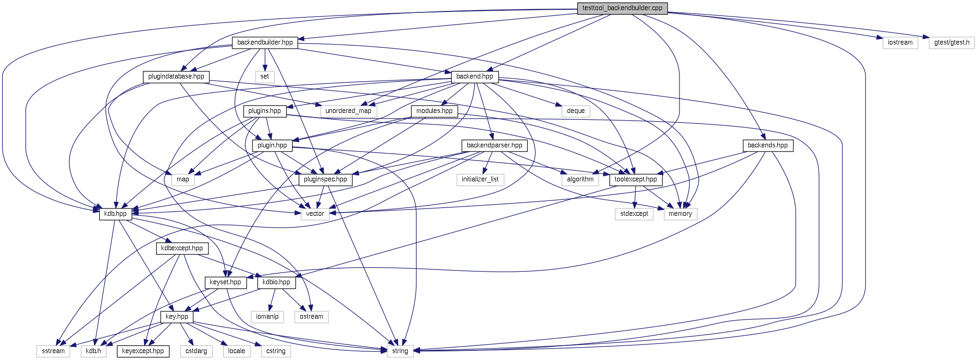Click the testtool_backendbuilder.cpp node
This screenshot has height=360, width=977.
[622, 8]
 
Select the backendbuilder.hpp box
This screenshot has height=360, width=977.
[265, 42]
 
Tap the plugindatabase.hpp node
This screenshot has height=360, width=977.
[176, 76]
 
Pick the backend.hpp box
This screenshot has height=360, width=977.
[474, 76]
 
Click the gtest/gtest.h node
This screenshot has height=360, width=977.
[951, 42]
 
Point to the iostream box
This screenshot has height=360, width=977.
[900, 42]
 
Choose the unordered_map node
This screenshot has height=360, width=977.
[348, 111]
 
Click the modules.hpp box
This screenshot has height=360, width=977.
[434, 111]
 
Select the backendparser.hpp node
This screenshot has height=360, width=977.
[494, 145]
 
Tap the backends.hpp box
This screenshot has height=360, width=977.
[768, 145]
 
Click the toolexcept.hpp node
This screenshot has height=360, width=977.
[636, 179]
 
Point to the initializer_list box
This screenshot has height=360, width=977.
[480, 179]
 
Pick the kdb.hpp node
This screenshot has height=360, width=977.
[115, 214]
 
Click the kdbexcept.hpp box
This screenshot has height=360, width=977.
[182, 248]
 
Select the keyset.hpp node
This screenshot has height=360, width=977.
[225, 282]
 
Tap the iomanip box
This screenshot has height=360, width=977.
[267, 316]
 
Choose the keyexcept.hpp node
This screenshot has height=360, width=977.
[143, 351]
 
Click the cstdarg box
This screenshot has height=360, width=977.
[196, 351]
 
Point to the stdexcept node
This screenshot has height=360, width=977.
[634, 214]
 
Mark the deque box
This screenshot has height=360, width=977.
[576, 111]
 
